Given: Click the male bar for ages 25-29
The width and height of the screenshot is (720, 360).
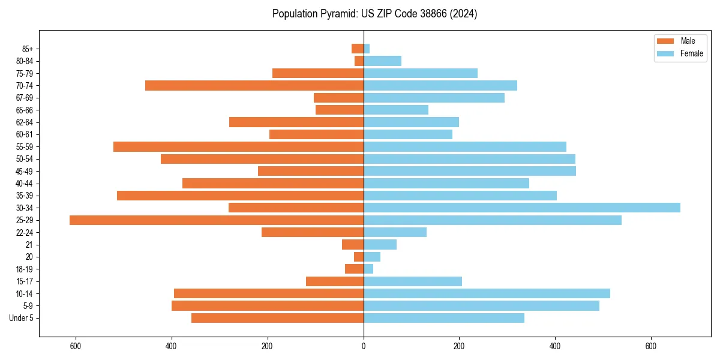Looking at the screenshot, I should click(217, 220).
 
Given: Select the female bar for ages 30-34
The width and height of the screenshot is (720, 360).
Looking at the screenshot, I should click(522, 208).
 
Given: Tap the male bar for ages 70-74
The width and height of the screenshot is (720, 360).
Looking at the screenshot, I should click(254, 85).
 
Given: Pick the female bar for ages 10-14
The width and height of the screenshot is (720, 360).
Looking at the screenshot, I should click(487, 293).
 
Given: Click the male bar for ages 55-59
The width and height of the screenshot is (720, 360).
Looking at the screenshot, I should click(238, 146).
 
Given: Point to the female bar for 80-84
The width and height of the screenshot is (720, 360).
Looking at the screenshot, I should click(382, 61).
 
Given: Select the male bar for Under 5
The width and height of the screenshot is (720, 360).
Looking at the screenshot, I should click(277, 318).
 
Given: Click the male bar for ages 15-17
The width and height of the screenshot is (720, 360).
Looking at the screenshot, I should click(335, 281).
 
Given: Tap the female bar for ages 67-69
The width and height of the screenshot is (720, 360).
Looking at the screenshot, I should click(434, 98).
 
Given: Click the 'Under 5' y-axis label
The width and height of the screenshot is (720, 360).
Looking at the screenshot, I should click(22, 318).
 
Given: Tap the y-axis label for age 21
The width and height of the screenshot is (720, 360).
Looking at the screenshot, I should click(29, 245).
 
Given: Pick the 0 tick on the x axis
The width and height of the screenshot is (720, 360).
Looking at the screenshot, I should click(364, 346).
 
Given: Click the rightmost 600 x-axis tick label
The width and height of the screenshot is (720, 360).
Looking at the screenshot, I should click(650, 346).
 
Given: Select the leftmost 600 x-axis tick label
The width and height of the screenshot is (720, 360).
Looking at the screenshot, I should click(76, 346).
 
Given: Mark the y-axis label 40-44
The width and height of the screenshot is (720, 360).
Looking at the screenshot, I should click(25, 184).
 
